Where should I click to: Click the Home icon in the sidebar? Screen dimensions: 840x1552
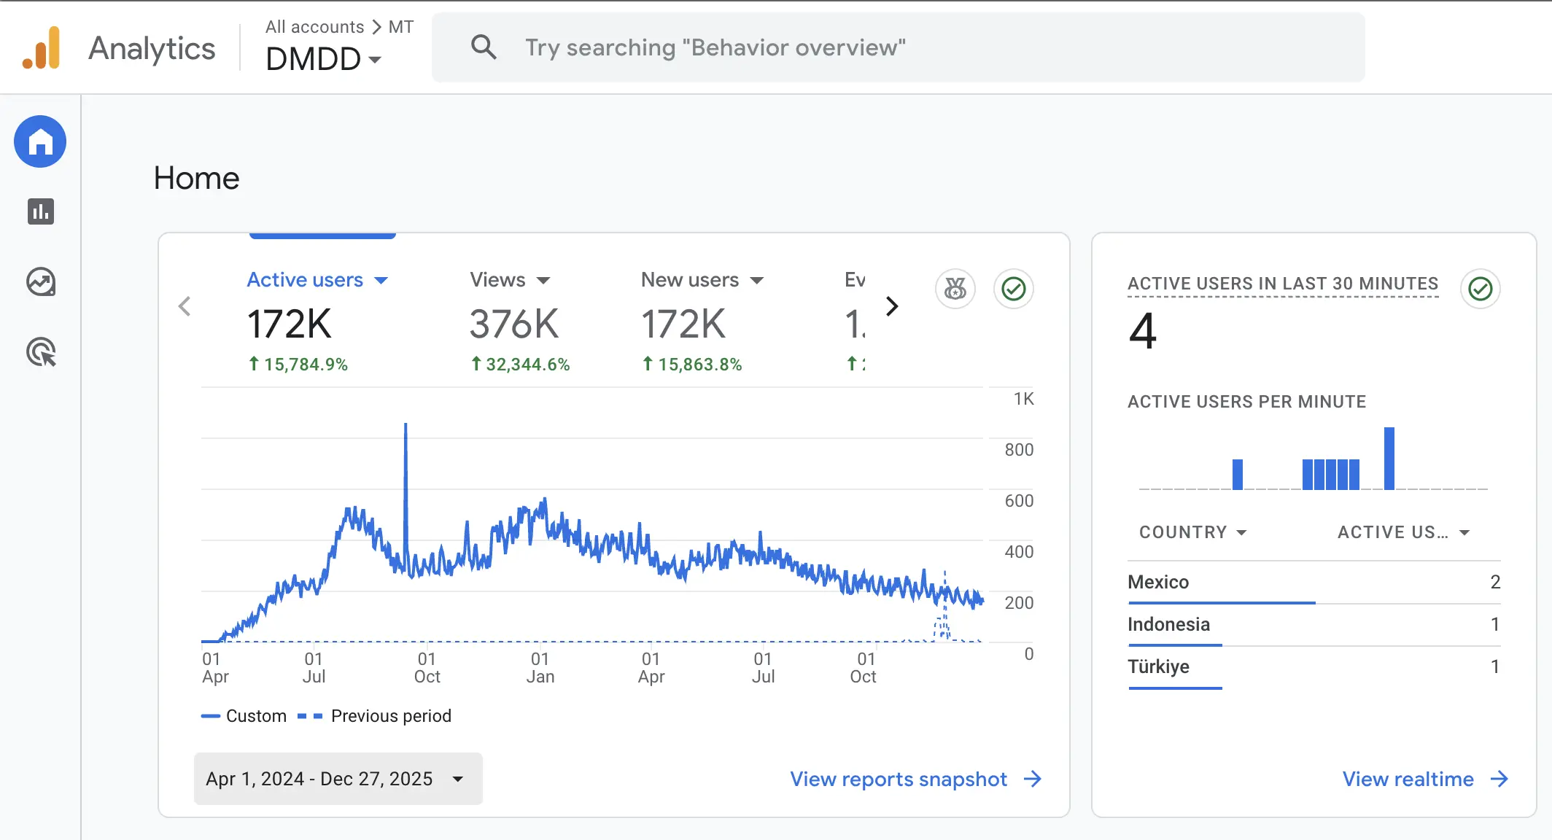coord(40,141)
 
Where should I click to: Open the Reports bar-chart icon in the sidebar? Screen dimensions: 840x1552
coord(41,211)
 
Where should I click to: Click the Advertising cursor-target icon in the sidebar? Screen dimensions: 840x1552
coord(41,352)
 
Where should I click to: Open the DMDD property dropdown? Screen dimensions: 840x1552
coord(323,59)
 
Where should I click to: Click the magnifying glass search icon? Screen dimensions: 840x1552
coord(484,47)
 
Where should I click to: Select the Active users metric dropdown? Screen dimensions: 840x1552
coord(317,280)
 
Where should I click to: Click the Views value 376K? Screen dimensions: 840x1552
coord(513,324)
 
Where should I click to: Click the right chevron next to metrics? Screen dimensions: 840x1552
coord(891,306)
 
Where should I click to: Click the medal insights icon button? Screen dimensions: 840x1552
coord(955,289)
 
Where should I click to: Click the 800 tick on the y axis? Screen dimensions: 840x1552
coord(1018,450)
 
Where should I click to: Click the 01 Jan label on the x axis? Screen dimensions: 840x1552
coord(540,668)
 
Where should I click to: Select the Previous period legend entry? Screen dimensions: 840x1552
coord(375,716)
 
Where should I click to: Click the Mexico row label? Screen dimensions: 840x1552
coord(1158,582)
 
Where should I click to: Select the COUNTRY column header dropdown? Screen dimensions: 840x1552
coord(1193,532)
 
